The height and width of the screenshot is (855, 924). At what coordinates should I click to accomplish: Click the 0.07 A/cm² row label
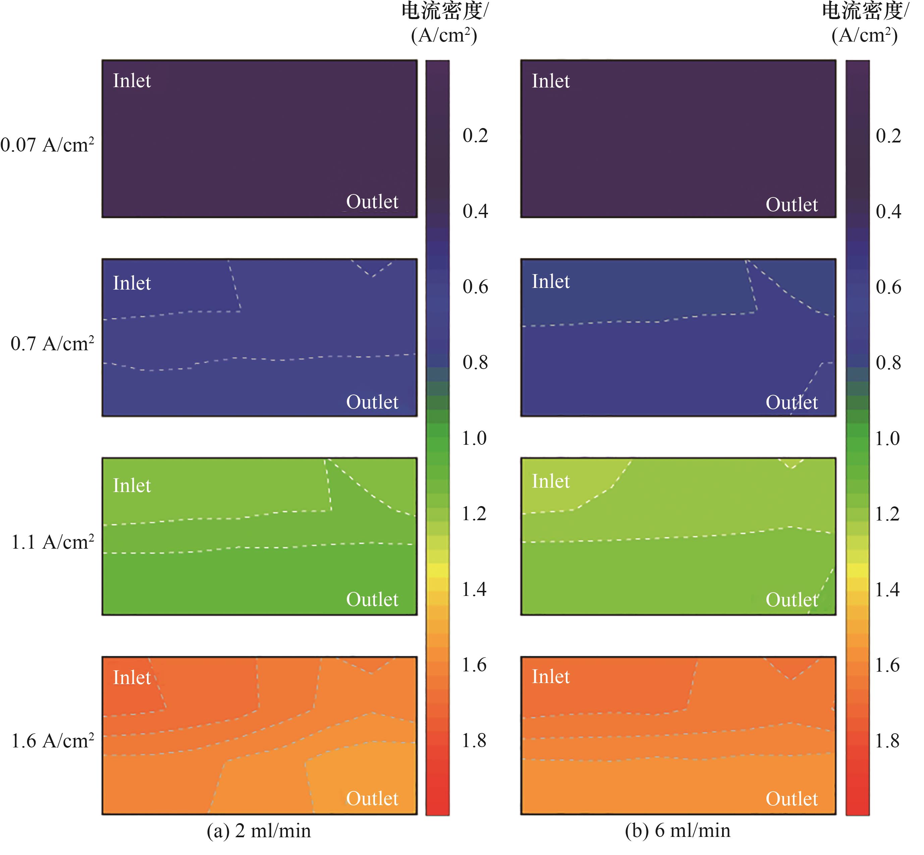tap(47, 145)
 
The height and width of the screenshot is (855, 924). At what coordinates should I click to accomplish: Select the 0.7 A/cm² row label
tap(52, 344)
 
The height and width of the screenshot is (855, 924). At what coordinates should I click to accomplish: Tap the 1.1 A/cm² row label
tap(52, 542)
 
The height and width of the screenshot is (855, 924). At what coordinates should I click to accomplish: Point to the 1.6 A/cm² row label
tap(52, 741)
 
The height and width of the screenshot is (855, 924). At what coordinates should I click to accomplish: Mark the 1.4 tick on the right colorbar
tap(887, 590)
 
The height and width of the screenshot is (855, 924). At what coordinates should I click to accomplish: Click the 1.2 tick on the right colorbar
tap(887, 513)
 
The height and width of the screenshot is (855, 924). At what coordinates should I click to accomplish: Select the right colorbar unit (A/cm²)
tap(864, 35)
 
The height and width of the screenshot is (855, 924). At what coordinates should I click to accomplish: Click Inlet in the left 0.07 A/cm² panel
tap(132, 81)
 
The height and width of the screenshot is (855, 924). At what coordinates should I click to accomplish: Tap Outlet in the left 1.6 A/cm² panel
tap(372, 799)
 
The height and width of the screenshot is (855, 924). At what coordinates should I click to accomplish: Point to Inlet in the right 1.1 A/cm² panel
tap(550, 481)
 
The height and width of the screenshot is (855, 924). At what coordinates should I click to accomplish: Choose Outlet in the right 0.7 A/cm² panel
tap(792, 402)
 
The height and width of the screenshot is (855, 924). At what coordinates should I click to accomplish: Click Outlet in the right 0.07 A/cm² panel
tap(792, 204)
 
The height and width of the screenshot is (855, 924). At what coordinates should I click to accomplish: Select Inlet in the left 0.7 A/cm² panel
tap(132, 283)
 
